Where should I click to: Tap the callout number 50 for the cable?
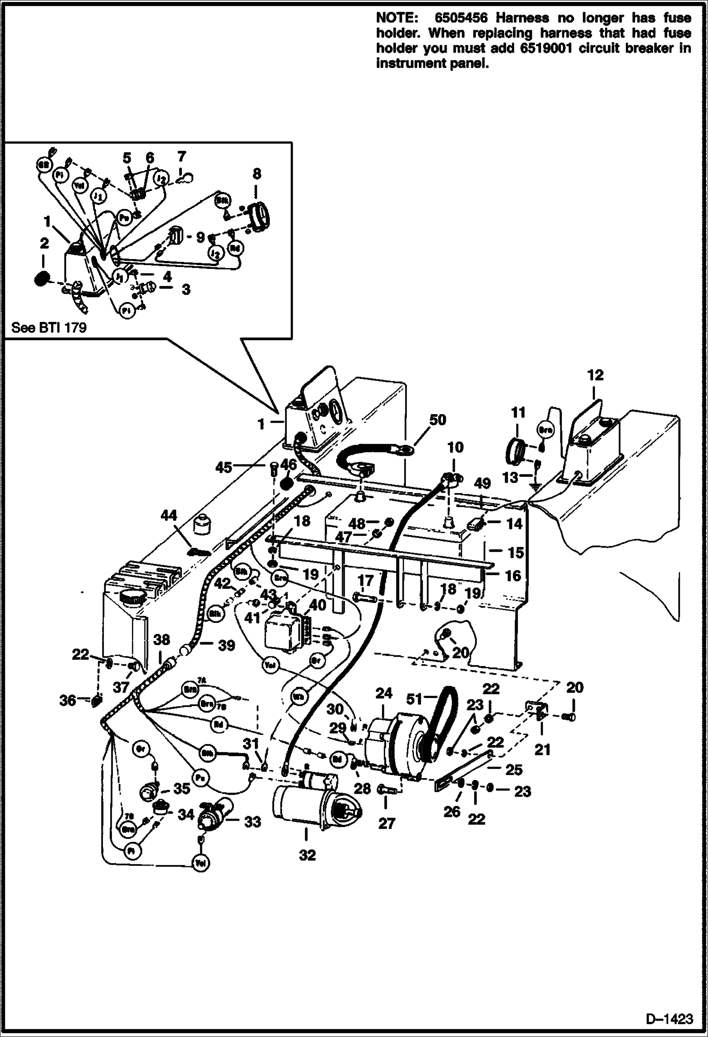(x=437, y=420)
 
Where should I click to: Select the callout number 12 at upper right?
(x=595, y=375)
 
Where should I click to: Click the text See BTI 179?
(x=49, y=328)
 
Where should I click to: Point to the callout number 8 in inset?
(x=256, y=173)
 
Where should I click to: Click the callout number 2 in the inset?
(x=44, y=243)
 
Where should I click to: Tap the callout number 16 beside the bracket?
(x=513, y=576)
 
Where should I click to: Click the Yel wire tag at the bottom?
(x=201, y=864)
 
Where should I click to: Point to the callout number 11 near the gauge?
(x=518, y=413)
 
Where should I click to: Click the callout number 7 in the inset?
(x=181, y=156)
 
